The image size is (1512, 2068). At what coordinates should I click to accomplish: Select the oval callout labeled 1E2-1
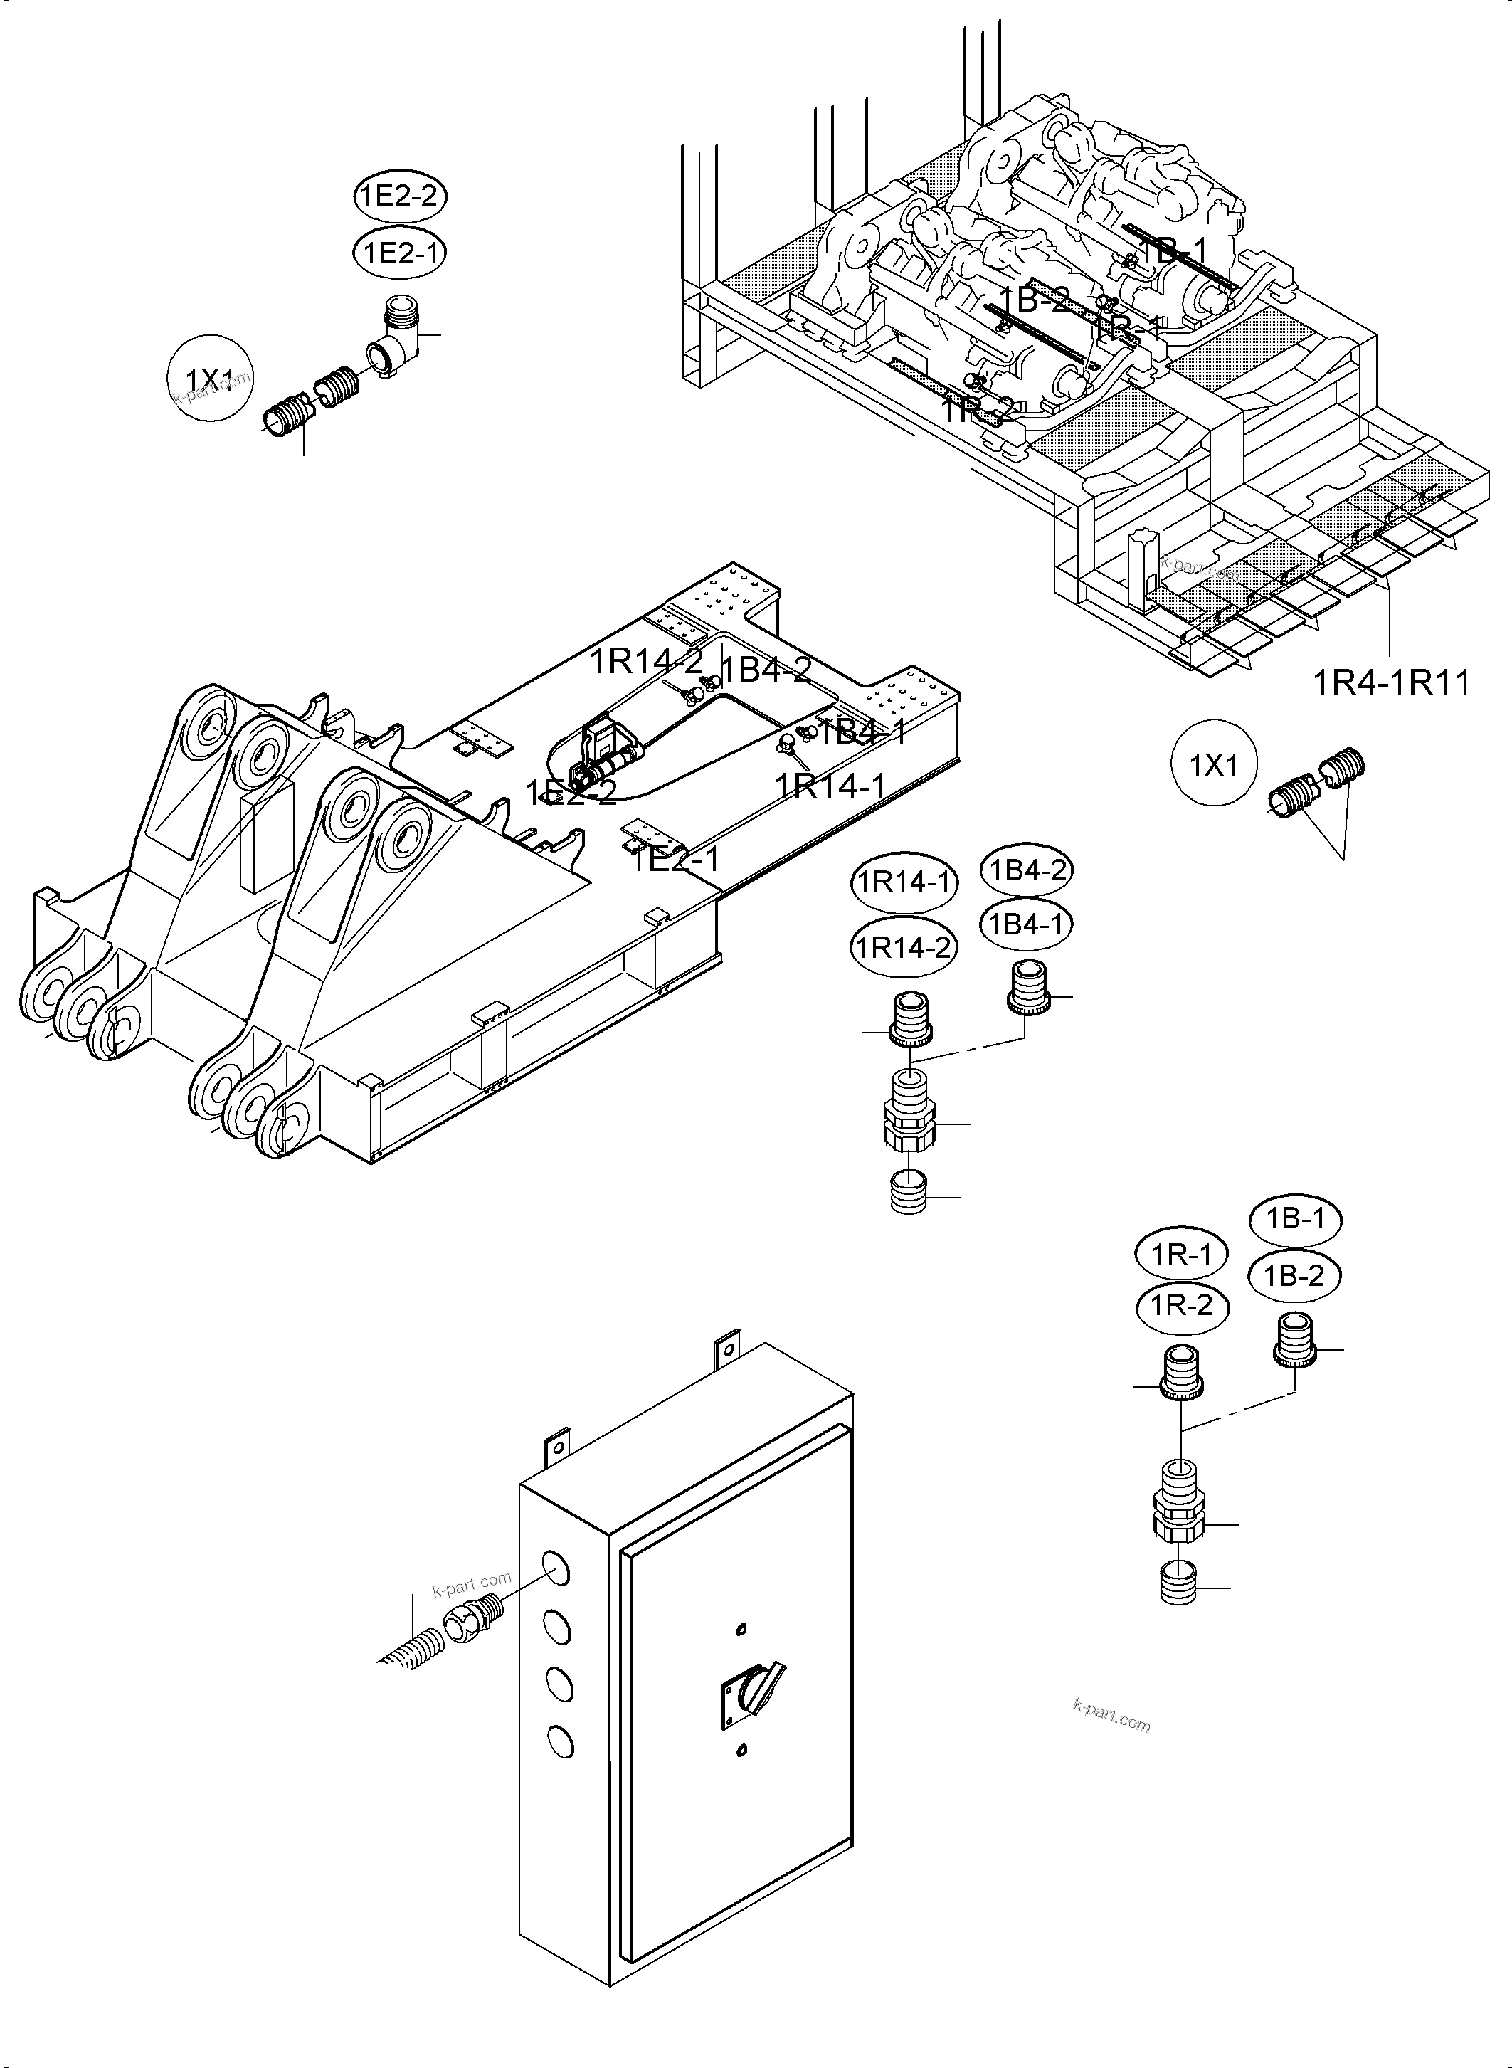[x=400, y=253]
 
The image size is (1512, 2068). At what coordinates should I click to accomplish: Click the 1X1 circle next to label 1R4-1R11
[x=1214, y=764]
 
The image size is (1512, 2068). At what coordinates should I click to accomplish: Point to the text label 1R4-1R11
[x=1391, y=683]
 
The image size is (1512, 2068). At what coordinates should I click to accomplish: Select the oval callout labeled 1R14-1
[x=904, y=882]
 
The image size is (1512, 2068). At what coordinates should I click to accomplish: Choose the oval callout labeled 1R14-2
[x=904, y=946]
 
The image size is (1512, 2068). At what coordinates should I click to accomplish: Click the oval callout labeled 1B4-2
[x=1026, y=870]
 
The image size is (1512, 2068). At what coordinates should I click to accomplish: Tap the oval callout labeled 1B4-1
[x=1026, y=924]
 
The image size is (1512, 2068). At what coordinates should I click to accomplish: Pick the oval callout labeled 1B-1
[x=1295, y=1218]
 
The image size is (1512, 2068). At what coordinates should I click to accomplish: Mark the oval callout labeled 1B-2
[x=1295, y=1275]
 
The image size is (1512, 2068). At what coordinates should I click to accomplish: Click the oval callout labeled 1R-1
[x=1183, y=1253]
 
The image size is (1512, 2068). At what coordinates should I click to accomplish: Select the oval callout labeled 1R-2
[x=1183, y=1305]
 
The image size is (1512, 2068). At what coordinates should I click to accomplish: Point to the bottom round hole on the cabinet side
[x=559, y=1739]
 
